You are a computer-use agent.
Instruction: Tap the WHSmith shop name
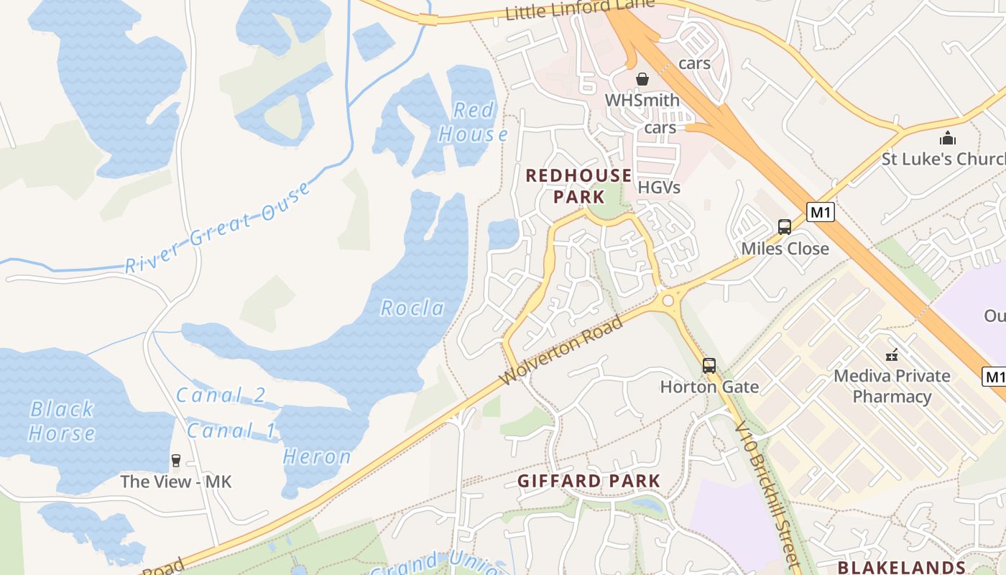[642, 100]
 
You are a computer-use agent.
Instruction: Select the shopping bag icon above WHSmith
[642, 78]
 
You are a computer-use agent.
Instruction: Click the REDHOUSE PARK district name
[579, 185]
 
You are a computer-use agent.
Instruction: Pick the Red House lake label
[474, 122]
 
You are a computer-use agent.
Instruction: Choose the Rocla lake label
[412, 308]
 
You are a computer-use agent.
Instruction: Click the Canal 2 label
[221, 395]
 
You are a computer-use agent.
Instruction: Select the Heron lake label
[317, 456]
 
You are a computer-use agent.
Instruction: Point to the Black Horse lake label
[62, 421]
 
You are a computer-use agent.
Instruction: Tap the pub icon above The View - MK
[175, 460]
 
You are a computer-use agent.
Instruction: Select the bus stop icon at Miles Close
[785, 227]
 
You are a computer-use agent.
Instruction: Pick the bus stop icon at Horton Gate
[709, 365]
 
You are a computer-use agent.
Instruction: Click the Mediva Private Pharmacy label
[892, 386]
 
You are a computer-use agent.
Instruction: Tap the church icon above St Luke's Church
[948, 138]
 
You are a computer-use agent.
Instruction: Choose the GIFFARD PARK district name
[589, 481]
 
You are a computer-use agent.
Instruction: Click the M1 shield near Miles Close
[820, 212]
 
